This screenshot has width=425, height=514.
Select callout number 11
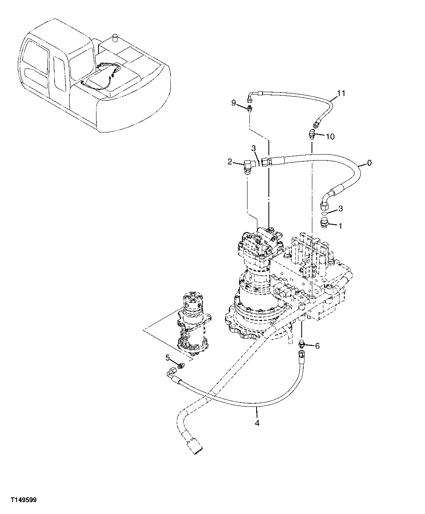click(341, 93)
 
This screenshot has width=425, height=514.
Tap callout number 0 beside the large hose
click(369, 163)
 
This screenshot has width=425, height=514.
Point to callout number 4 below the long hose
click(257, 423)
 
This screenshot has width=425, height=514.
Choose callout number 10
click(330, 136)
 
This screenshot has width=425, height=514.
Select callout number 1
click(340, 226)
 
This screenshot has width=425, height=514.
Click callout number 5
click(168, 357)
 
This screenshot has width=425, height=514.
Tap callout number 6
click(317, 346)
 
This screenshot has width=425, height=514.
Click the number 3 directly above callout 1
click(340, 209)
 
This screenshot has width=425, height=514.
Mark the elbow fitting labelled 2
click(248, 165)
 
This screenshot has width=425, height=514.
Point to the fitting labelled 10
click(312, 134)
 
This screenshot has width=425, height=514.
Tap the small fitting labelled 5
click(181, 365)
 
